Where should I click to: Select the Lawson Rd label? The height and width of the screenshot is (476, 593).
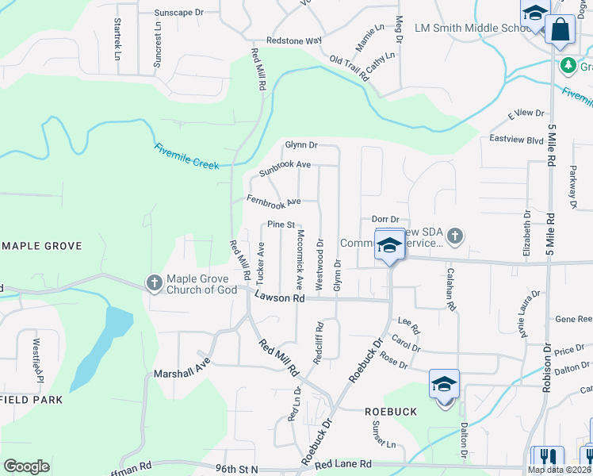click(x=279, y=298)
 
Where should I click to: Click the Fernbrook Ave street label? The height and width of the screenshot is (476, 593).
click(x=274, y=202)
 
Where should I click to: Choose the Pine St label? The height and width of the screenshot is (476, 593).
click(x=281, y=225)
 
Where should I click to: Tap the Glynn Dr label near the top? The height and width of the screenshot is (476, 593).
click(x=301, y=145)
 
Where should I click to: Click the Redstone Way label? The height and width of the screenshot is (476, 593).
click(x=294, y=40)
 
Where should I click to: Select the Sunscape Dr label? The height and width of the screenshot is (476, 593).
click(x=179, y=13)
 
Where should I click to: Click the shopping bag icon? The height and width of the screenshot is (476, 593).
click(x=560, y=29)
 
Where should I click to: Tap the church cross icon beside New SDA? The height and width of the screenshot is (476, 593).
click(x=455, y=236)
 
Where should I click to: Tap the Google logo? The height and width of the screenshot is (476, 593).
click(x=26, y=466)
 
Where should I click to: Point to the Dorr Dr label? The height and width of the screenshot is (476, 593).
click(x=384, y=219)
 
